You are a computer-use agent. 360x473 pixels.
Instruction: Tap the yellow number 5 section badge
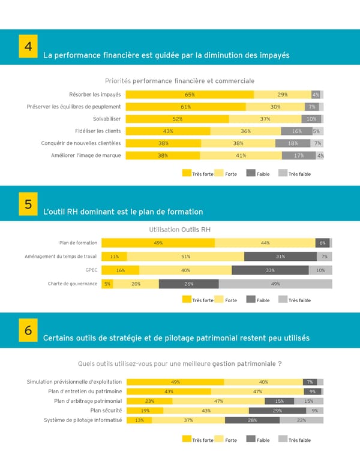click(x=28, y=204)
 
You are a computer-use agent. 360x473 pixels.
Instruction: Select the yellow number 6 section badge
click(x=28, y=331)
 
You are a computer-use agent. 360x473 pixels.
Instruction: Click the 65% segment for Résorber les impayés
click(x=190, y=94)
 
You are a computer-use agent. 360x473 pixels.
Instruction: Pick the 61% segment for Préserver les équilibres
click(x=185, y=107)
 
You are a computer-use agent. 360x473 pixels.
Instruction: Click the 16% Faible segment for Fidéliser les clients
click(x=296, y=131)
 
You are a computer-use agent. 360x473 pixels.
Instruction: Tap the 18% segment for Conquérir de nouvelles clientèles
click(x=292, y=143)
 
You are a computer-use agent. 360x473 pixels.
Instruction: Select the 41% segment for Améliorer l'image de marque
click(x=241, y=155)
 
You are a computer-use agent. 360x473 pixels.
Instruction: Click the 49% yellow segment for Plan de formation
click(x=158, y=243)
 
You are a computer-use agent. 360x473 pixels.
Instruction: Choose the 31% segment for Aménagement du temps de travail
click(x=280, y=257)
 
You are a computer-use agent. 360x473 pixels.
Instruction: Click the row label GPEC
click(x=91, y=270)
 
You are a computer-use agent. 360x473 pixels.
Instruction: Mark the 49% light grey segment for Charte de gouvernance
click(x=275, y=284)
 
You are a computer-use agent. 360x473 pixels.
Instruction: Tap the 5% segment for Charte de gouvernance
click(x=107, y=284)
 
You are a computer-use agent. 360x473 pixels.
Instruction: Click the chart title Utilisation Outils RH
click(x=179, y=230)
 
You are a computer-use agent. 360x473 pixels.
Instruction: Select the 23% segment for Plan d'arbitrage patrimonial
click(x=149, y=401)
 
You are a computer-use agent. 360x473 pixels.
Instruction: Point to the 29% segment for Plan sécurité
click(x=277, y=411)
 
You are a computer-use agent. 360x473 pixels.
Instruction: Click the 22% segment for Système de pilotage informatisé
click(x=301, y=420)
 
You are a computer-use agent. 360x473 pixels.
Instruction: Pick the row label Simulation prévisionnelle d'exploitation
click(x=74, y=382)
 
